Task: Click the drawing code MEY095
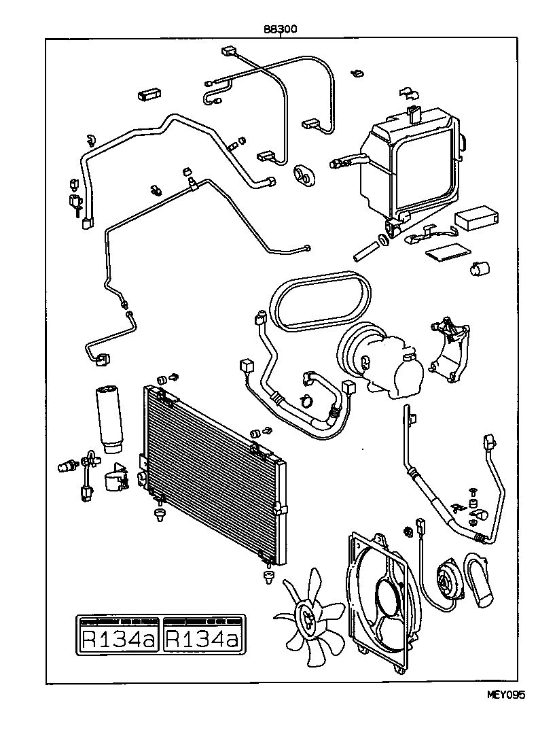(x=506, y=694)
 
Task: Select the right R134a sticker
(x=202, y=635)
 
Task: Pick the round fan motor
(x=448, y=578)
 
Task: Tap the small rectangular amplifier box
(x=478, y=217)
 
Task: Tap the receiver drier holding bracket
(x=115, y=479)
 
